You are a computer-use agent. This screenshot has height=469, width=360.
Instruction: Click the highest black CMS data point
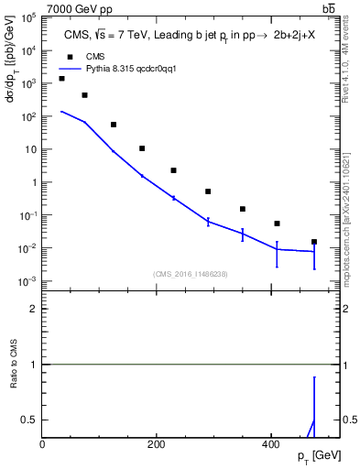pyautogui.click(x=61, y=79)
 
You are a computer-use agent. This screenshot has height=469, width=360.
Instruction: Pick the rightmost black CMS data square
pyautogui.click(x=314, y=242)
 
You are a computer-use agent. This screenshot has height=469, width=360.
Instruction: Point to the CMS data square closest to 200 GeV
pyautogui.click(x=173, y=170)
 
